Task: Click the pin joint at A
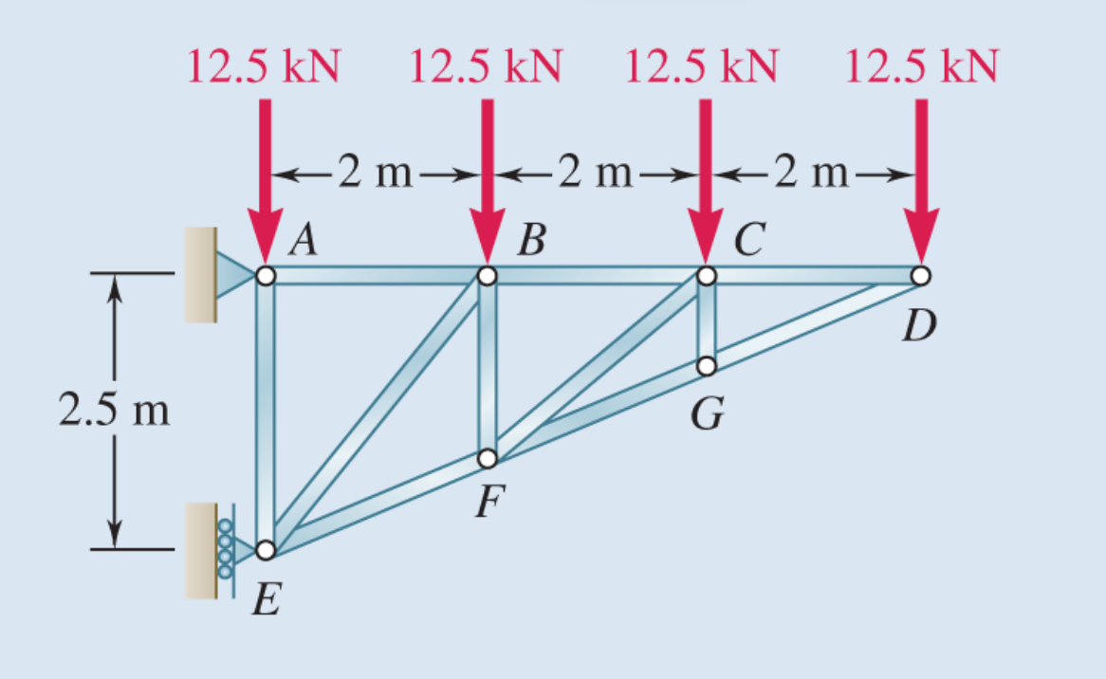click(x=266, y=276)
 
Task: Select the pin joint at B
click(x=487, y=276)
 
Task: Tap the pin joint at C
click(x=706, y=276)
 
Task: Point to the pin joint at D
click(x=920, y=276)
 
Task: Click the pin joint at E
click(x=266, y=549)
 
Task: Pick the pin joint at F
click(x=488, y=459)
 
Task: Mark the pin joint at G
click(x=707, y=366)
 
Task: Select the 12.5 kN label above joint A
click(x=266, y=67)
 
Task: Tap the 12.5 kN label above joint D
click(x=920, y=67)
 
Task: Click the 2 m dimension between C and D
click(x=813, y=174)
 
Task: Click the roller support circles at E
click(x=226, y=550)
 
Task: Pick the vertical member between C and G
click(x=707, y=321)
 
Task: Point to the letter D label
click(x=918, y=327)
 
